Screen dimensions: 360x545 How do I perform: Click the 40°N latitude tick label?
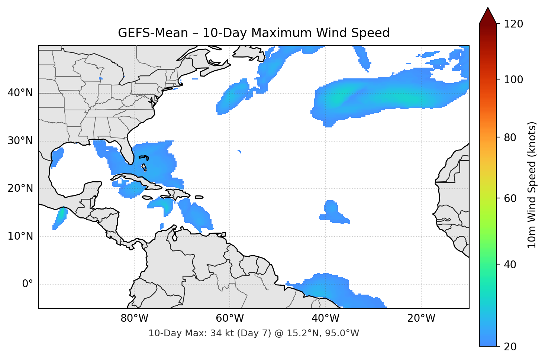pos(20,93)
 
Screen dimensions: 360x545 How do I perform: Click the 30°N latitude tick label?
pos(20,141)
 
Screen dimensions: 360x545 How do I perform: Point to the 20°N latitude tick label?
pos(20,188)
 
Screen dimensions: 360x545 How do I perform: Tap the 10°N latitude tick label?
pos(20,236)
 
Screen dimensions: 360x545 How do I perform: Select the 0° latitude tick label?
pos(28,284)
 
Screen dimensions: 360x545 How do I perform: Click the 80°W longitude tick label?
pos(134,318)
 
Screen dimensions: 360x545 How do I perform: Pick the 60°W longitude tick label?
pos(230,318)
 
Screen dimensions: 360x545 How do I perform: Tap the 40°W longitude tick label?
pos(325,318)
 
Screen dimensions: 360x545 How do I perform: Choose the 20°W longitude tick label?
pos(421,318)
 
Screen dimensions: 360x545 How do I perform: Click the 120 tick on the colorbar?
pos(513,24)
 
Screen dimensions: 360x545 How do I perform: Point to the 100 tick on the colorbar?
pos(513,80)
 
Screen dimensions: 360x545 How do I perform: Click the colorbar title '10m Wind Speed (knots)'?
pos(532,185)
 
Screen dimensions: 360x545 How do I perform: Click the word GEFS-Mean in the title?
pos(153,33)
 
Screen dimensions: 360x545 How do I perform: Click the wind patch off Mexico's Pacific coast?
pos(59,218)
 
